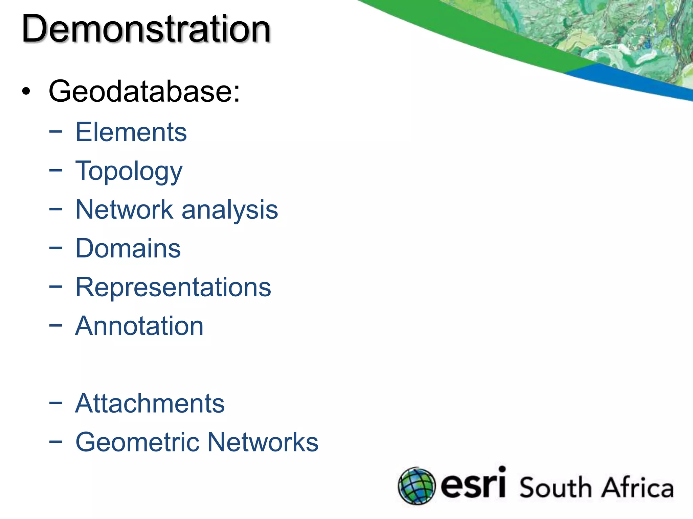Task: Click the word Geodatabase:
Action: coord(144,91)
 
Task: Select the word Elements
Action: coord(131,132)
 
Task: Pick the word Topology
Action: coord(129,172)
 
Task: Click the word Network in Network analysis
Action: coord(124,210)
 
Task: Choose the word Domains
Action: coord(128,249)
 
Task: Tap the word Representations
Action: coord(173,288)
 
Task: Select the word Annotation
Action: coord(139,326)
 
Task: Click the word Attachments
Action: coord(150,403)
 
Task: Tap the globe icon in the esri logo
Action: coord(417,486)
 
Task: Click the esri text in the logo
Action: coord(473,484)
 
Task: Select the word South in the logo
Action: coord(555,488)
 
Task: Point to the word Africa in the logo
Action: coord(638,488)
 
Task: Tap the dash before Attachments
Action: coord(55,403)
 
